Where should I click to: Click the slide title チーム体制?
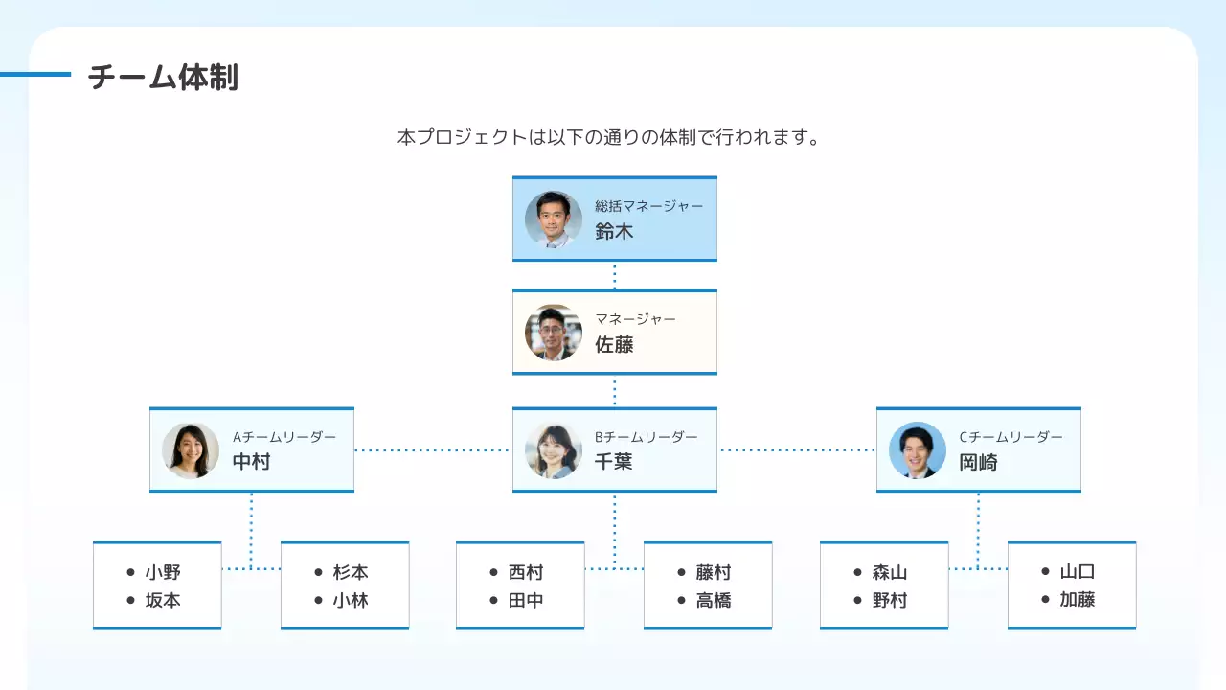click(163, 78)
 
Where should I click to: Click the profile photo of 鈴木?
click(554, 219)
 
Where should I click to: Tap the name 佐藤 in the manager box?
click(614, 345)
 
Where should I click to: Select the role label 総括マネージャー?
click(648, 206)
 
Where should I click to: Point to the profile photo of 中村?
click(191, 450)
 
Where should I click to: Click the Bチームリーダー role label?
click(646, 437)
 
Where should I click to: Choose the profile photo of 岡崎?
click(918, 450)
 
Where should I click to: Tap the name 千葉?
click(614, 462)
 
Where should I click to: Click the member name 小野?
click(163, 572)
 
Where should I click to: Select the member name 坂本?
click(163, 601)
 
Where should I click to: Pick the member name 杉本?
click(351, 572)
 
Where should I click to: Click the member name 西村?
click(526, 572)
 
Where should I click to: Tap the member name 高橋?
click(714, 601)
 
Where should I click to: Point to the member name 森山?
click(890, 572)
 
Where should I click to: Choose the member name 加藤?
click(1078, 600)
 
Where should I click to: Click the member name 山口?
click(1078, 572)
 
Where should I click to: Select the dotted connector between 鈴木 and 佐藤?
click(614, 275)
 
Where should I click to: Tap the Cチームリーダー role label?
click(1010, 437)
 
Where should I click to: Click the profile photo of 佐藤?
click(554, 333)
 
